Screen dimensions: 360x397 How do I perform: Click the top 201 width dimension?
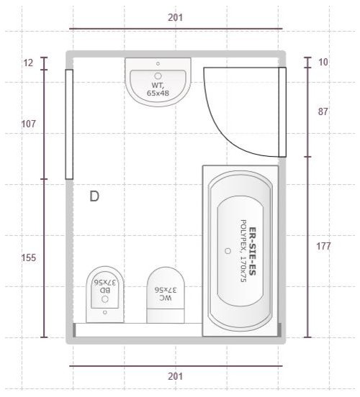click(175, 18)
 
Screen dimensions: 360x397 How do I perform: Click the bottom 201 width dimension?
click(175, 376)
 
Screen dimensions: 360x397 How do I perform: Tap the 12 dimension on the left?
click(28, 63)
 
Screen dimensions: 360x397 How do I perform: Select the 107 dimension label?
click(28, 124)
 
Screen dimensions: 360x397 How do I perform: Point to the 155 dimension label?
click(28, 257)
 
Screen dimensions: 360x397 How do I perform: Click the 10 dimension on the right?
click(323, 62)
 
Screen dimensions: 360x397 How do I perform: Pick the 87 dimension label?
click(323, 111)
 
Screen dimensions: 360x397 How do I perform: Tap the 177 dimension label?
click(323, 246)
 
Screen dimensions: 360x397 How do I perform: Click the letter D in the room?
click(94, 196)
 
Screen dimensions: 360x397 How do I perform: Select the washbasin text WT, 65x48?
click(158, 89)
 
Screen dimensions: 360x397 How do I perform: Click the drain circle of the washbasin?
click(158, 76)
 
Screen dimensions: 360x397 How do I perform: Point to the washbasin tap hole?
click(158, 63)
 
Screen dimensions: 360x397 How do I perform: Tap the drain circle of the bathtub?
click(228, 251)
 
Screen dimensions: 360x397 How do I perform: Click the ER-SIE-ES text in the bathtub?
click(253, 251)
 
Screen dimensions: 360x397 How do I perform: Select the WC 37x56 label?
click(166, 293)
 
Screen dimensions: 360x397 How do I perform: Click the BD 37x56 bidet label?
click(105, 286)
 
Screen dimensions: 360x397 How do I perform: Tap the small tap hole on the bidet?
click(104, 312)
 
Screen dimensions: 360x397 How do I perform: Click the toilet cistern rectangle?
click(166, 316)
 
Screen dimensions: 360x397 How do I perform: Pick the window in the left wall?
click(69, 124)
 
